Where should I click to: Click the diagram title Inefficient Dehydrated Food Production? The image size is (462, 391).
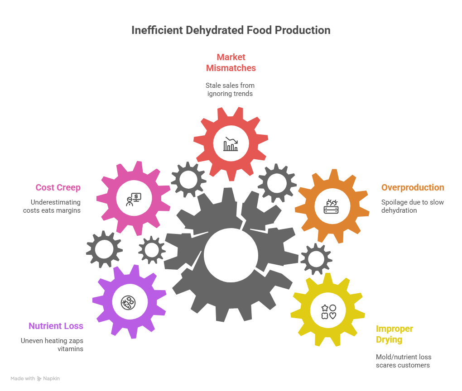(x=231, y=30)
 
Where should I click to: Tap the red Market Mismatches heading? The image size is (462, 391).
(x=231, y=62)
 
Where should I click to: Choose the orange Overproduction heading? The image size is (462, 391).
(x=413, y=187)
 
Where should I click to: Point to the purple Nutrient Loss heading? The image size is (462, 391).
(x=56, y=326)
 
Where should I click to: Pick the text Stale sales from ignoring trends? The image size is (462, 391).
(x=231, y=90)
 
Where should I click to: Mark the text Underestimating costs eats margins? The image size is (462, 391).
(x=52, y=206)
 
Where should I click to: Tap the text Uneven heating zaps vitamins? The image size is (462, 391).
(x=52, y=345)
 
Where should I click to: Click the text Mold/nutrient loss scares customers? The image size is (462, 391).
(x=403, y=361)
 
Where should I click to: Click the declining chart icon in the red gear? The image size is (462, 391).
(x=231, y=144)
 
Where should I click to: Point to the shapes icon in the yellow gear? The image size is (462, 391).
(x=328, y=311)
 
